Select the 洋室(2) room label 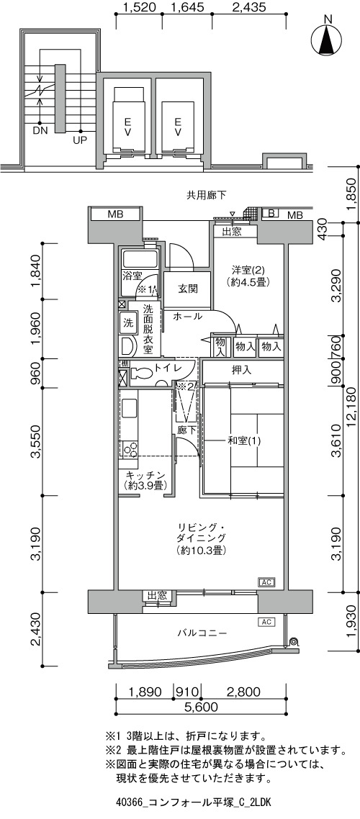249,270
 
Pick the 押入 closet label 242,371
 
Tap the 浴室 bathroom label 132,275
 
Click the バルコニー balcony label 201,633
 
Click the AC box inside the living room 266,582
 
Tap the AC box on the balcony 266,622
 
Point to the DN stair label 40,130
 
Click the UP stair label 80,140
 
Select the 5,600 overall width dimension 201,707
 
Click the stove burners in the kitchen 129,448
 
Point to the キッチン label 145,475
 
